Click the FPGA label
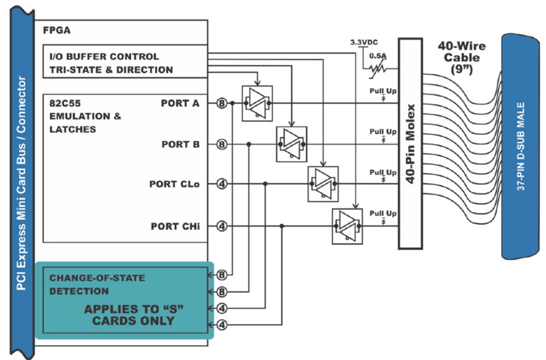(57, 30)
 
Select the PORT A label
(180, 103)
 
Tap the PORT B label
(180, 144)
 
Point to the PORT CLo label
(175, 184)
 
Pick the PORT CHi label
(175, 226)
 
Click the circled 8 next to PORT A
(222, 103)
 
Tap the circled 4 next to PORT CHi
(222, 226)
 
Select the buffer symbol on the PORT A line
(257, 104)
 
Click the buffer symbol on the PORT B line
(292, 144)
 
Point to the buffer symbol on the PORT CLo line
(323, 184)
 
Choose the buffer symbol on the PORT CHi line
(347, 226)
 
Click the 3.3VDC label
(364, 42)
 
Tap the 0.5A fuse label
(378, 56)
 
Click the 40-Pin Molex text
(411, 143)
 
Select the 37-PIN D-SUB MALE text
(521, 146)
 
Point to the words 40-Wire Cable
(462, 52)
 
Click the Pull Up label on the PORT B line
(383, 132)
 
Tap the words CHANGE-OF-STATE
(97, 278)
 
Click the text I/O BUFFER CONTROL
(104, 57)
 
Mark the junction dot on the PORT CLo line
(265, 184)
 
